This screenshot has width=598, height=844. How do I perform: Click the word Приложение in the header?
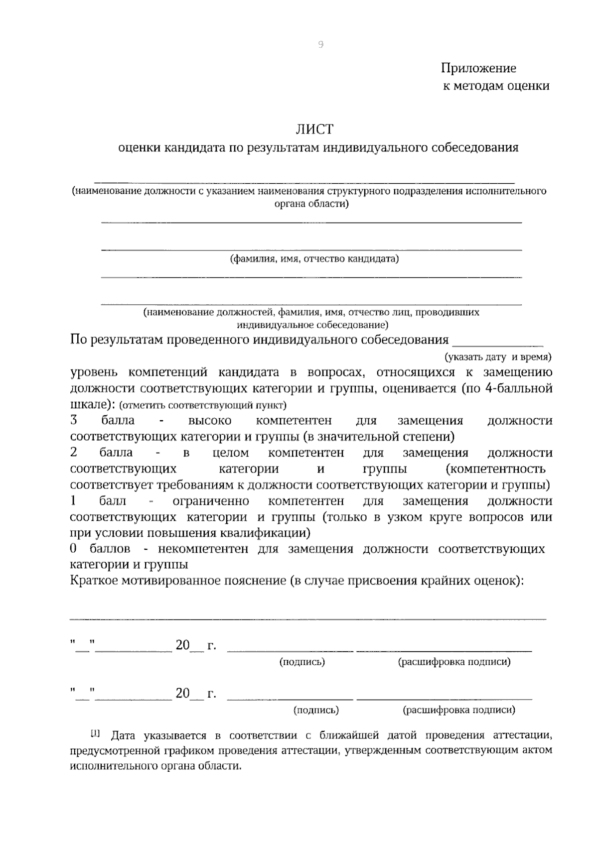pyautogui.click(x=478, y=68)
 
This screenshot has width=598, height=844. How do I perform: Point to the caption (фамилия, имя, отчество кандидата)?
pyautogui.click(x=314, y=259)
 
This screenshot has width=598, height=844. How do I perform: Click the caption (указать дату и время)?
pyautogui.click(x=498, y=357)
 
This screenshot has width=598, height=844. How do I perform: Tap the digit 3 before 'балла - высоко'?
pyautogui.click(x=74, y=420)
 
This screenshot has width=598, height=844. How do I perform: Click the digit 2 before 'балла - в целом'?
pyautogui.click(x=74, y=452)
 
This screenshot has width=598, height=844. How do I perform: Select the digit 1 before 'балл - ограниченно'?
pyautogui.click(x=73, y=500)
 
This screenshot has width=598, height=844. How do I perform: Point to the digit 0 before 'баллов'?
pyautogui.click(x=73, y=549)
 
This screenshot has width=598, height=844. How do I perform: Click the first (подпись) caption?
pyautogui.click(x=302, y=662)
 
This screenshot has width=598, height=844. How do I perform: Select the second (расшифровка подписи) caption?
pyautogui.click(x=459, y=710)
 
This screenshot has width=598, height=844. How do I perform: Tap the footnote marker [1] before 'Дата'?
pyautogui.click(x=95, y=733)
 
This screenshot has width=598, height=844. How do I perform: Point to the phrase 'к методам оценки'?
pyautogui.click(x=496, y=86)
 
